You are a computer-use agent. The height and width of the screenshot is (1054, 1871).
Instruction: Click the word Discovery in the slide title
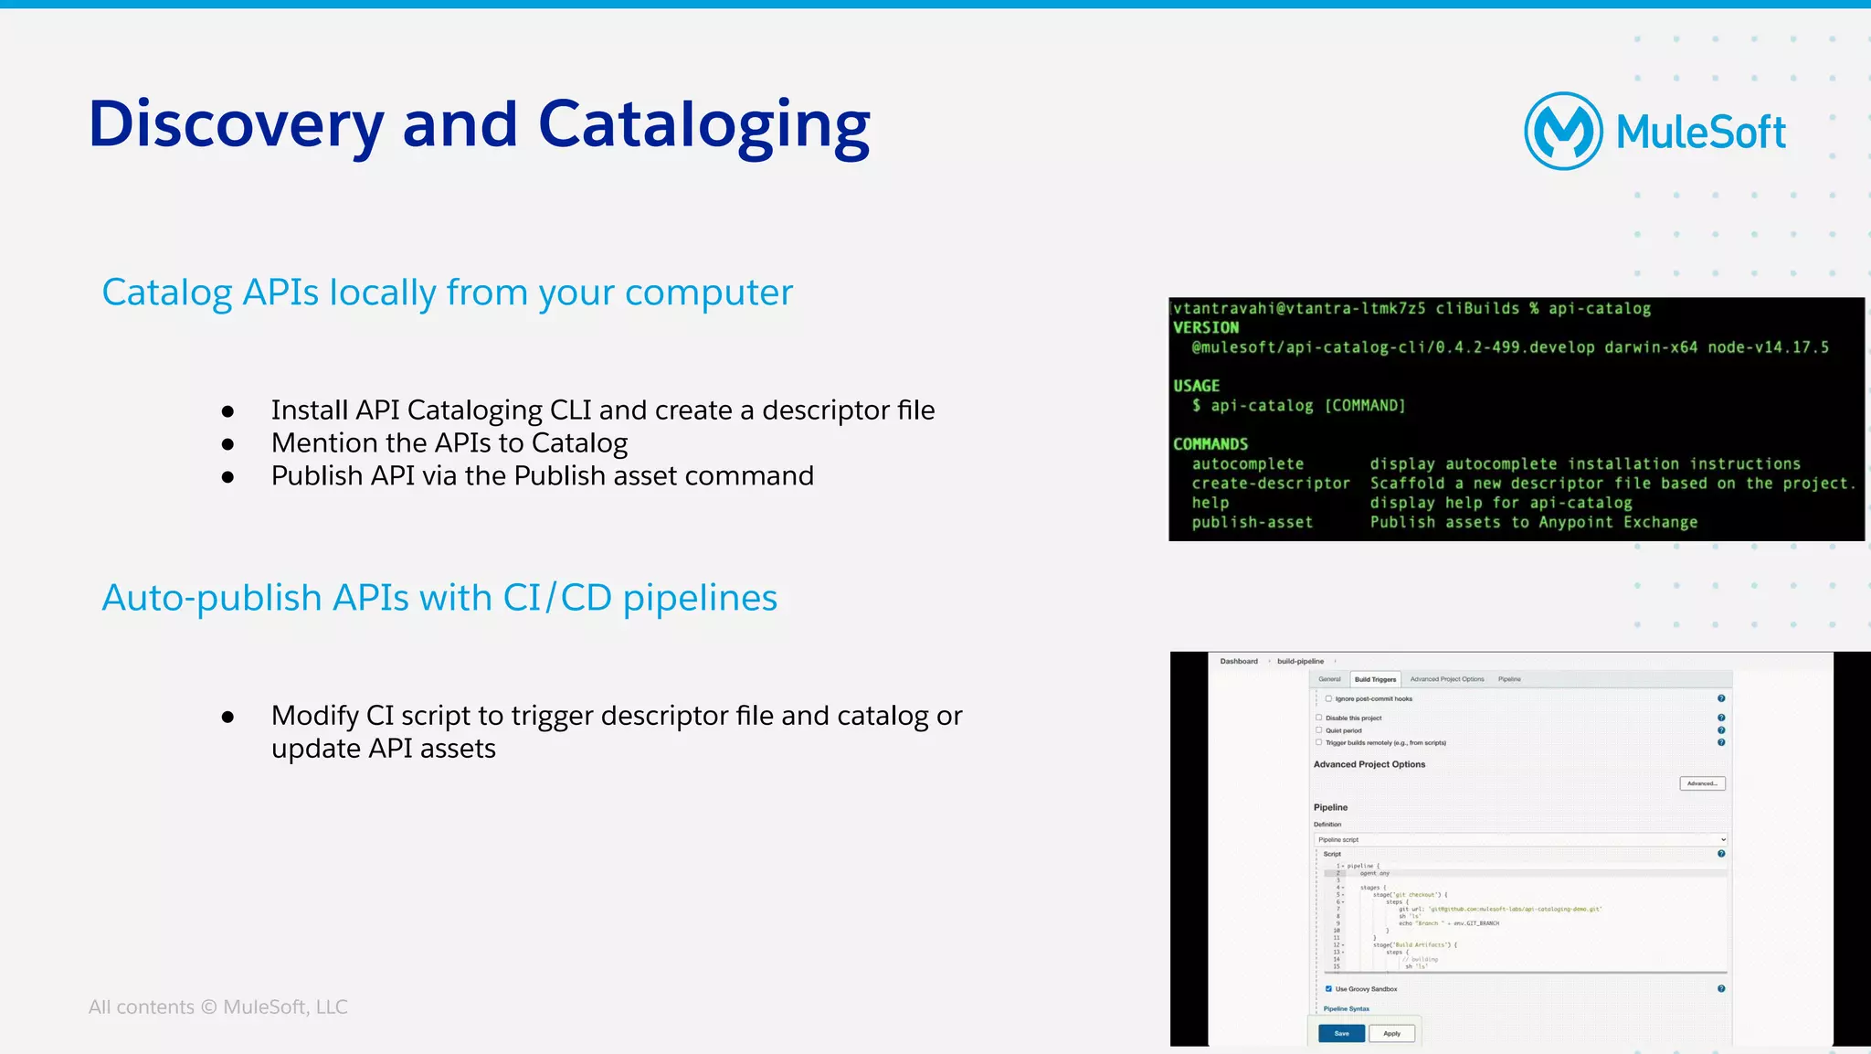coord(236,125)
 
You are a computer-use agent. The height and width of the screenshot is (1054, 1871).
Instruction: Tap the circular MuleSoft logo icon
coord(1563,131)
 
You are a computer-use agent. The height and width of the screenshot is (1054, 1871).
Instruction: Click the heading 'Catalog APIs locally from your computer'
coord(447,293)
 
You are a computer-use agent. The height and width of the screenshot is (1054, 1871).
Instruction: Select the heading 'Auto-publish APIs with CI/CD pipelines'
coord(439,598)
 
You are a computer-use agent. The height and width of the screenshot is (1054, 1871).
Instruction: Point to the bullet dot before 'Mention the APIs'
coord(228,444)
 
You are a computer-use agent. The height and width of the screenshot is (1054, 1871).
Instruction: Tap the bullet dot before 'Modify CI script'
coord(228,717)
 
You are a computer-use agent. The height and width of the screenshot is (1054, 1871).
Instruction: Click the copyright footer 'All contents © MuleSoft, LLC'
coord(217,1006)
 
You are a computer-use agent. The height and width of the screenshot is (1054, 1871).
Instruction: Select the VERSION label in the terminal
coord(1206,327)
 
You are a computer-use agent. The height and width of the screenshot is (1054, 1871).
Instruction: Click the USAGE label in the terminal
coord(1196,386)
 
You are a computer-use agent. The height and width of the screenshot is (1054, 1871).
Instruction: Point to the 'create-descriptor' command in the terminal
coord(1270,484)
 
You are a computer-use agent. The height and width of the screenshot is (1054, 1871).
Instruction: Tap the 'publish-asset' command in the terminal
coord(1252,522)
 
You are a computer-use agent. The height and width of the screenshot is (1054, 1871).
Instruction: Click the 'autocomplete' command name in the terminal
coord(1247,464)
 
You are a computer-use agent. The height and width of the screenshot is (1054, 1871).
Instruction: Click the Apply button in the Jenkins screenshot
coord(1391,1034)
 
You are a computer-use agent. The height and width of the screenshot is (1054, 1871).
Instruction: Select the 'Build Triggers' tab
coord(1375,679)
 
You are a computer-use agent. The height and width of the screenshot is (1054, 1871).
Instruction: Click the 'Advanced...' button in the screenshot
coord(1702,783)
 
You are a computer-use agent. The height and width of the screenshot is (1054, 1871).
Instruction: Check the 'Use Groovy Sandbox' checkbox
coord(1328,989)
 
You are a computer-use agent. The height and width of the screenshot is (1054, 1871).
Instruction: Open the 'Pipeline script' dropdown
coord(1520,839)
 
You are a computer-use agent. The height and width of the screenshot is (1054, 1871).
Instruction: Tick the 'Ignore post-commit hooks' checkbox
coord(1328,698)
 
